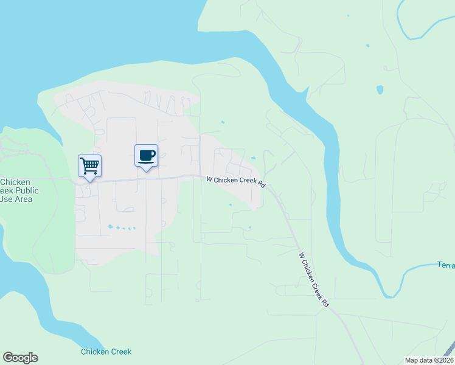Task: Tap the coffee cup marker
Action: tap(146, 156)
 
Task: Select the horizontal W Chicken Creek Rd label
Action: tap(237, 181)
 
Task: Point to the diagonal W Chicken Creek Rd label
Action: tap(314, 280)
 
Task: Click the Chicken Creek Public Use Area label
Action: tap(19, 190)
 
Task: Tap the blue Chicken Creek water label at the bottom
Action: tap(106, 352)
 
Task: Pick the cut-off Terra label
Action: tap(446, 265)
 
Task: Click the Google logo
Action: tap(20, 358)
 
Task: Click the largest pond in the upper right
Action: tap(380, 89)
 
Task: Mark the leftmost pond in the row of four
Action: tap(110, 227)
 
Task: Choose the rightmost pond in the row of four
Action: tap(133, 229)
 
